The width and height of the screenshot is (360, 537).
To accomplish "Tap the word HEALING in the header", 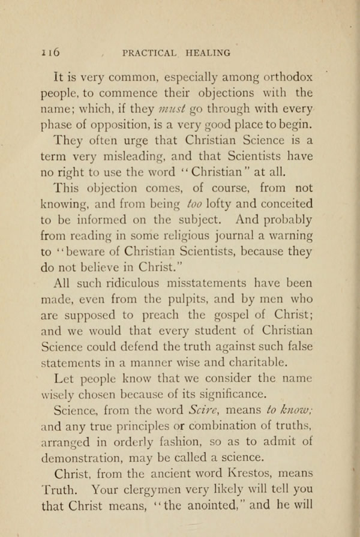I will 208,53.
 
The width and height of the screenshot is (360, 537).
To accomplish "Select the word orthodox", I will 283,77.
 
